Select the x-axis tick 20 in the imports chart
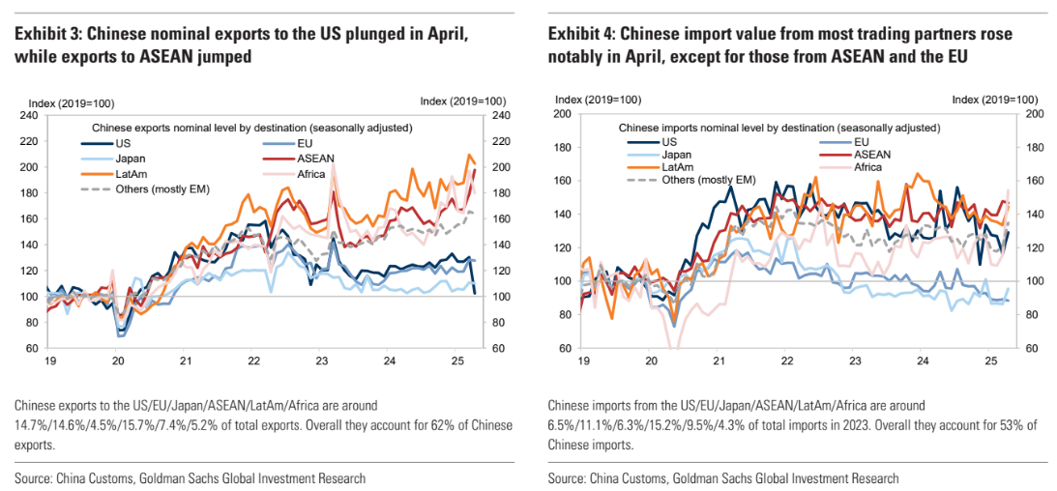tap(651, 361)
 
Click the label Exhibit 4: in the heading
tap(580, 36)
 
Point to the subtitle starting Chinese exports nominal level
tap(251, 128)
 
